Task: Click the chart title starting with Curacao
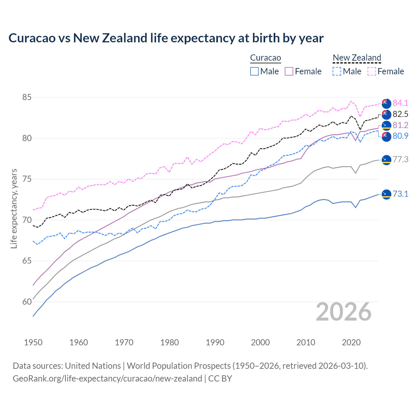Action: tap(166, 38)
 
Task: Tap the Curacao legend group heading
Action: tap(265, 58)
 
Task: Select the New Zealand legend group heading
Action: tap(357, 58)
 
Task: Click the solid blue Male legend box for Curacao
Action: tap(254, 71)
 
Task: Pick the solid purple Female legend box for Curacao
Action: tap(289, 71)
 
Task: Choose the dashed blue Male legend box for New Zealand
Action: tap(337, 71)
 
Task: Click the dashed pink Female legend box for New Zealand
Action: tap(371, 71)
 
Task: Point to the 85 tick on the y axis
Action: tap(27, 97)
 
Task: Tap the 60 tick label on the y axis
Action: tap(27, 302)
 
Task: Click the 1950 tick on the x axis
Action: tap(33, 342)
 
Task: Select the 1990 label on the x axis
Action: tap(215, 342)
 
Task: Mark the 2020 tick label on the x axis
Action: tap(351, 342)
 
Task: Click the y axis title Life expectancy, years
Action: tap(14, 208)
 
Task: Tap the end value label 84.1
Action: tap(400, 103)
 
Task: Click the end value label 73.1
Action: tap(400, 194)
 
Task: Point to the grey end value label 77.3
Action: tap(400, 159)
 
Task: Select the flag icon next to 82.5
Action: tap(386, 114)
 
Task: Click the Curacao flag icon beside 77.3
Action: tap(386, 160)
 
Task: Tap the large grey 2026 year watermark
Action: tap(343, 312)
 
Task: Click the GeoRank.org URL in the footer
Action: tap(107, 379)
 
